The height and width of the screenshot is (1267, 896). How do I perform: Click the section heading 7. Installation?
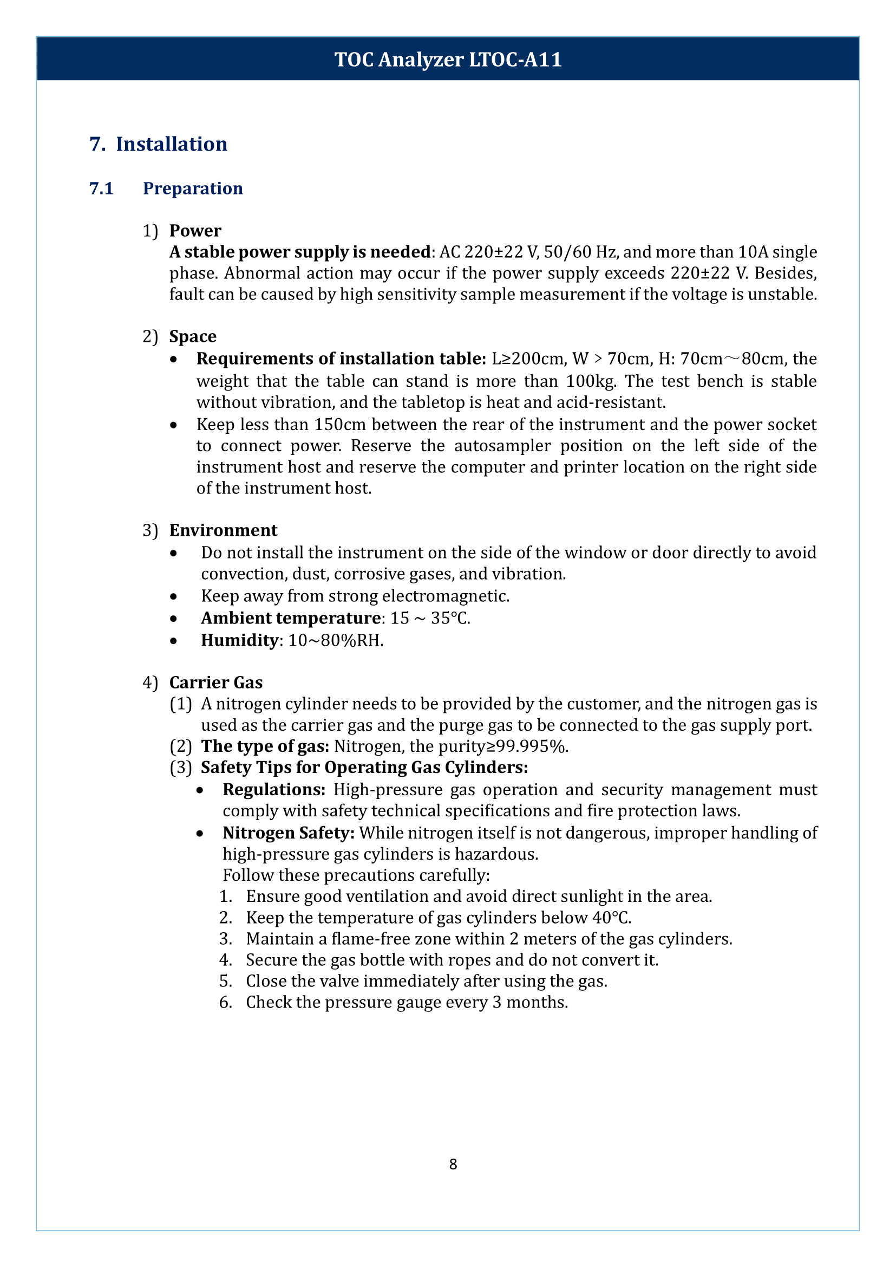pyautogui.click(x=158, y=144)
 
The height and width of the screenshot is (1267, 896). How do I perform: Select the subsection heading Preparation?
pyautogui.click(x=193, y=189)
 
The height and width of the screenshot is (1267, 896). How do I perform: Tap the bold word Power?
pyautogui.click(x=195, y=231)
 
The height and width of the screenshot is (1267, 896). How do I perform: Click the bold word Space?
pyautogui.click(x=193, y=336)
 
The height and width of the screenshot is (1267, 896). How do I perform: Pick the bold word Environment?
pyautogui.click(x=223, y=530)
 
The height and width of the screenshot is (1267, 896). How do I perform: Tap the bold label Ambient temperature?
pyautogui.click(x=290, y=618)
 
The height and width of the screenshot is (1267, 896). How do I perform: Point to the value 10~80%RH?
pyautogui.click(x=336, y=640)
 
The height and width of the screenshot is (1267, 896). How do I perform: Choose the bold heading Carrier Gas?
pyautogui.click(x=215, y=683)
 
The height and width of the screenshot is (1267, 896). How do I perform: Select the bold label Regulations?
pyautogui.click(x=273, y=789)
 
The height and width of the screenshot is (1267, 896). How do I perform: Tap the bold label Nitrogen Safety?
pyautogui.click(x=288, y=833)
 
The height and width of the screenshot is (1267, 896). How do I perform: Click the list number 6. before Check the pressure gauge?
pyautogui.click(x=225, y=1002)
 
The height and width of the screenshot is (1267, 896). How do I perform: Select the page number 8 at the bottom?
pyautogui.click(x=453, y=1164)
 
